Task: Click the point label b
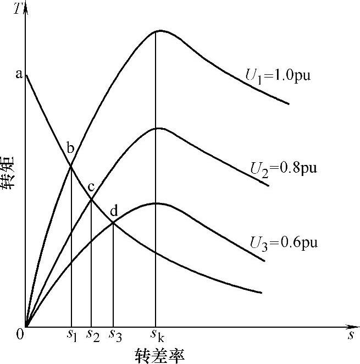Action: click(70, 147)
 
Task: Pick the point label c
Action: click(92, 186)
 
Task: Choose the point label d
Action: click(114, 209)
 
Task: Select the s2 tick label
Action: click(92, 335)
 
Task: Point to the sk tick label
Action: click(157, 335)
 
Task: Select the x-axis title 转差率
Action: click(159, 355)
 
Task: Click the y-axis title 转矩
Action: click(10, 174)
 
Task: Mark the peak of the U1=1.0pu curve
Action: click(157, 30)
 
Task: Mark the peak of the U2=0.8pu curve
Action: click(158, 128)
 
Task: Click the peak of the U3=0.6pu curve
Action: click(157, 203)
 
